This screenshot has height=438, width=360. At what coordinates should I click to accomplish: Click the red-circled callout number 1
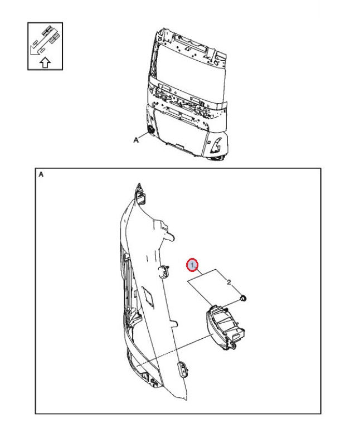[x=192, y=264]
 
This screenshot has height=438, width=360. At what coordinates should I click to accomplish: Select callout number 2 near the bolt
[x=229, y=283]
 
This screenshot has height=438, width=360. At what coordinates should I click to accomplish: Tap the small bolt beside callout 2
[x=245, y=299]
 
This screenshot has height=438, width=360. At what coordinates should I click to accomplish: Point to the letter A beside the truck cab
[x=135, y=140]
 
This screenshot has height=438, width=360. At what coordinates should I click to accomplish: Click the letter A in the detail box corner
[x=41, y=174]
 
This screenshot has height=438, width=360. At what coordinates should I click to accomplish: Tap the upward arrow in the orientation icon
[x=45, y=62]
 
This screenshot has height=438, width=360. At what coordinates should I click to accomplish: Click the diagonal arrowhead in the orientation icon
[x=33, y=55]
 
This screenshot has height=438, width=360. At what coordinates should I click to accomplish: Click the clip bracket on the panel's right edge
[x=164, y=271]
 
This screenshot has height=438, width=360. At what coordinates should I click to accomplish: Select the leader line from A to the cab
[x=143, y=137]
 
